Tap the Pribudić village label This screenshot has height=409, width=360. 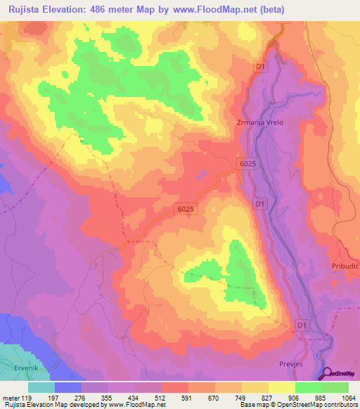[x=345, y=266]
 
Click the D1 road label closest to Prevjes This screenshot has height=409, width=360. [x=302, y=325]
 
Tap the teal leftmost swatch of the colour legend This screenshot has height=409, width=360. [x=41, y=387]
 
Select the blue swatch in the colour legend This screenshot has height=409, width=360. [x=68, y=387]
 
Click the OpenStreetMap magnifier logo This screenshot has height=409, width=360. [x=325, y=373]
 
